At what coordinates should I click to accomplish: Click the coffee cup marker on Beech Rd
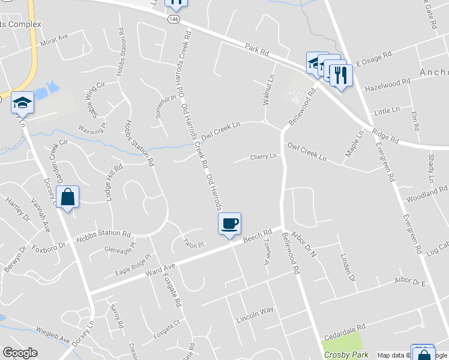[x=229, y=224]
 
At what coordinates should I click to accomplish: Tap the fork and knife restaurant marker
[x=340, y=75]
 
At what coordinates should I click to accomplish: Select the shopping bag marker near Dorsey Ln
[x=68, y=196]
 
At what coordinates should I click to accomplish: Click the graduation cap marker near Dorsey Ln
[x=22, y=103]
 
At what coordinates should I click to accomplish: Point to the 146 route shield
[x=173, y=19]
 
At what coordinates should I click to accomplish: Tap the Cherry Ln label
[x=264, y=157]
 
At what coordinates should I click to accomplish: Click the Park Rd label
[x=257, y=49]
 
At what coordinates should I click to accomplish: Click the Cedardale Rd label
[x=345, y=331]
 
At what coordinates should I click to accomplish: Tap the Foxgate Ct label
[x=167, y=328]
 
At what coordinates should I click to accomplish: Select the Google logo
[x=20, y=353]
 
